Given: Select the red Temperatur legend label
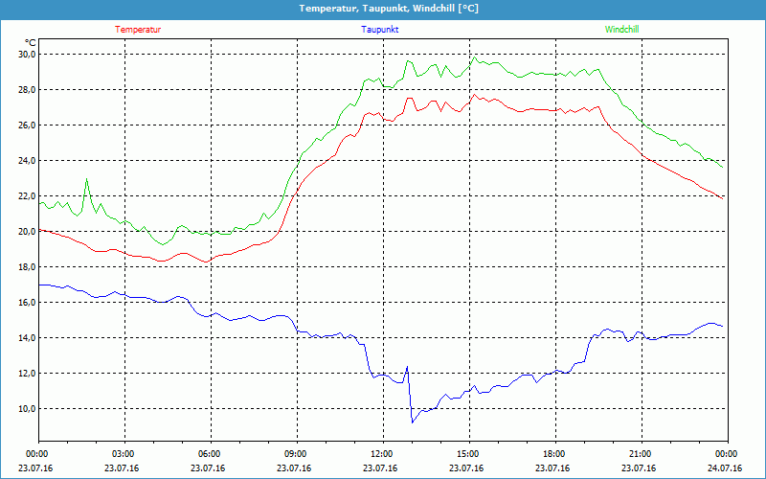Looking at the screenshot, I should (x=138, y=30).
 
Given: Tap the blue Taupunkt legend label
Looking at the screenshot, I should (x=380, y=30).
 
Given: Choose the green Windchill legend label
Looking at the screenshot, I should (x=621, y=30).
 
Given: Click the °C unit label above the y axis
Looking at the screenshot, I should (x=31, y=42).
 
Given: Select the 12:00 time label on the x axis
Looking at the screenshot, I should (x=381, y=453).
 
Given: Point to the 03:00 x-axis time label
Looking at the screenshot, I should (x=124, y=453).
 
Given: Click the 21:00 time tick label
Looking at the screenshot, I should (x=640, y=453).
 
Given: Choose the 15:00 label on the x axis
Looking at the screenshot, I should (x=467, y=453).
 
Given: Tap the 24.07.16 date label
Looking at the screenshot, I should (x=726, y=468).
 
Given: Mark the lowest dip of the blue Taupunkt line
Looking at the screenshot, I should (x=412, y=422).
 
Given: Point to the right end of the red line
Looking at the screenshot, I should (x=723, y=197).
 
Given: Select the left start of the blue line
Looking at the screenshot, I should (x=39, y=285).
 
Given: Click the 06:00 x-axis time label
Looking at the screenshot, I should (x=210, y=453).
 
